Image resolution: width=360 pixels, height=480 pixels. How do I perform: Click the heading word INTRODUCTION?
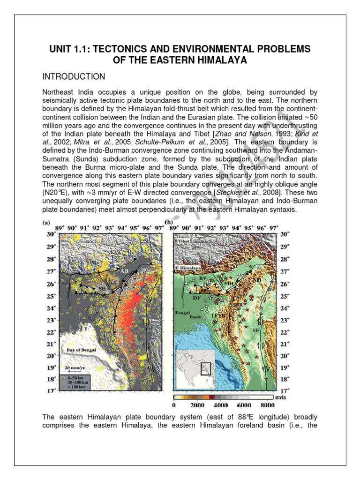click(x=74, y=76)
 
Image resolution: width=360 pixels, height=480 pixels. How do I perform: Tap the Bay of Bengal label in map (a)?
click(x=78, y=350)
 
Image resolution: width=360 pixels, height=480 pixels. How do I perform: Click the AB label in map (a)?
click(x=125, y=271)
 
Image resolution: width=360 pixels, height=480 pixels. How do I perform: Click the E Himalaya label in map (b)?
click(x=187, y=267)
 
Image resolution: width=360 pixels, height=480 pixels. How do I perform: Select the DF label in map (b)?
click(x=197, y=298)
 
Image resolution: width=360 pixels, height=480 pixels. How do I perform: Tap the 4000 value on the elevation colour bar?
click(x=220, y=405)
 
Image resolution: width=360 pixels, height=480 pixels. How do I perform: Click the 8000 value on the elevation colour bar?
click(x=267, y=405)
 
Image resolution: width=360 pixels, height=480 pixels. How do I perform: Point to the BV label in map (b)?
click(x=203, y=278)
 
